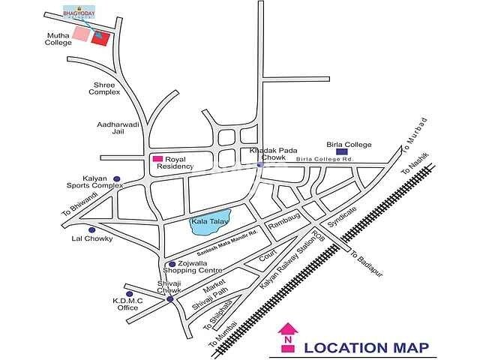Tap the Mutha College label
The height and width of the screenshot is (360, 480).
[58, 38]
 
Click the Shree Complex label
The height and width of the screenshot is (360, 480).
[103, 88]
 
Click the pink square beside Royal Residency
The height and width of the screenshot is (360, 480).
[157, 159]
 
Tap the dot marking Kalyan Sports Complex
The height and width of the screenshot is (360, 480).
[116, 179]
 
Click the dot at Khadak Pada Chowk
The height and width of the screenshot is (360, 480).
[260, 164]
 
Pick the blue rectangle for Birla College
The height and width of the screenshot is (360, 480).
[343, 151]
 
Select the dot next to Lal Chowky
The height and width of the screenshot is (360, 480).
[91, 229]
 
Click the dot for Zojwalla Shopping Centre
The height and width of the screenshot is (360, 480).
[172, 264]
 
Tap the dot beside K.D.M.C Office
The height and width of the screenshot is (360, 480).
[130, 293]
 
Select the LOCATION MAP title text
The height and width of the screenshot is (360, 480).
[366, 346]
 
